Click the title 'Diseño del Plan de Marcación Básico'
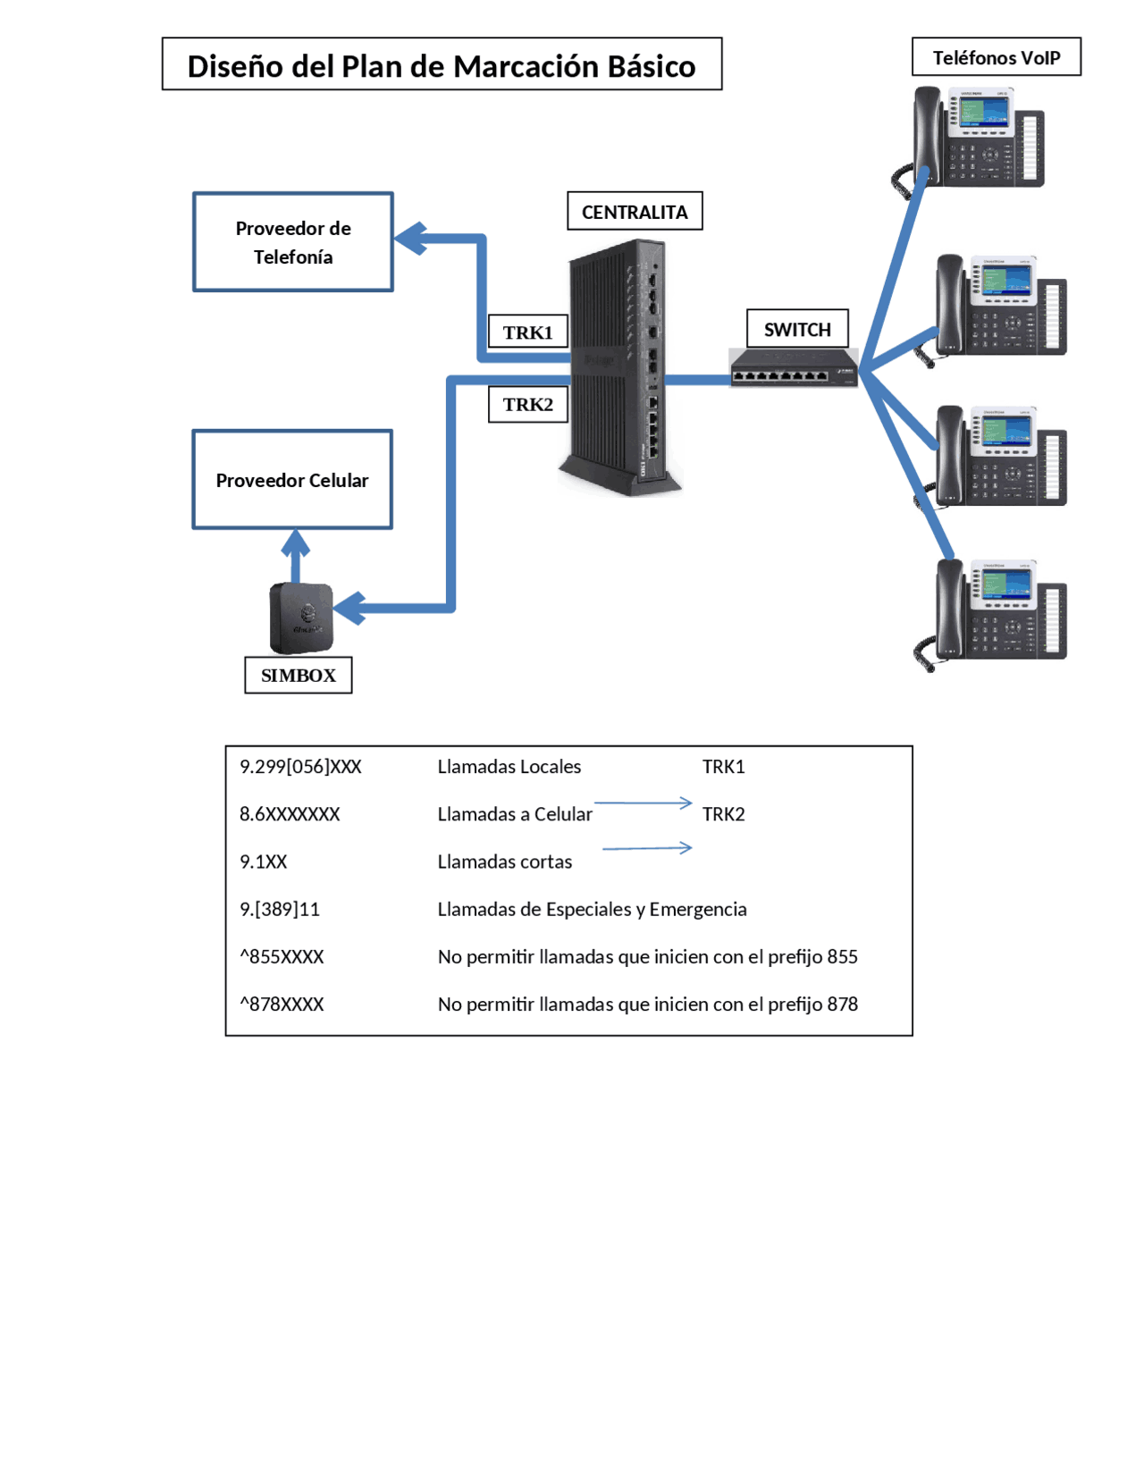pos(442,65)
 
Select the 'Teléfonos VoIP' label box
pos(996,57)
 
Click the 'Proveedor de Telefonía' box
pos(293,242)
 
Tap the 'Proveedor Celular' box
pos(292,480)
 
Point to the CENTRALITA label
pos(635,212)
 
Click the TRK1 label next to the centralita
pos(527,332)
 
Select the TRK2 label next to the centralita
pos(527,405)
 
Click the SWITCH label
pos(797,330)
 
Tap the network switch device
pos(794,368)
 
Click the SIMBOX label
pos(298,676)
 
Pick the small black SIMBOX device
pos(301,617)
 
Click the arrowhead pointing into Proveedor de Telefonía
pos(410,239)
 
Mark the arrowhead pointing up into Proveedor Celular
pos(296,542)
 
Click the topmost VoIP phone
pos(979,139)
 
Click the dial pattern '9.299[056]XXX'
pos(300,767)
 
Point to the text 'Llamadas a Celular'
pos(515,814)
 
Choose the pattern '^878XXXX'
pos(282,1005)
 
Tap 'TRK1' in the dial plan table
pos(723,767)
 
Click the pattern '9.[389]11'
pos(280,910)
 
